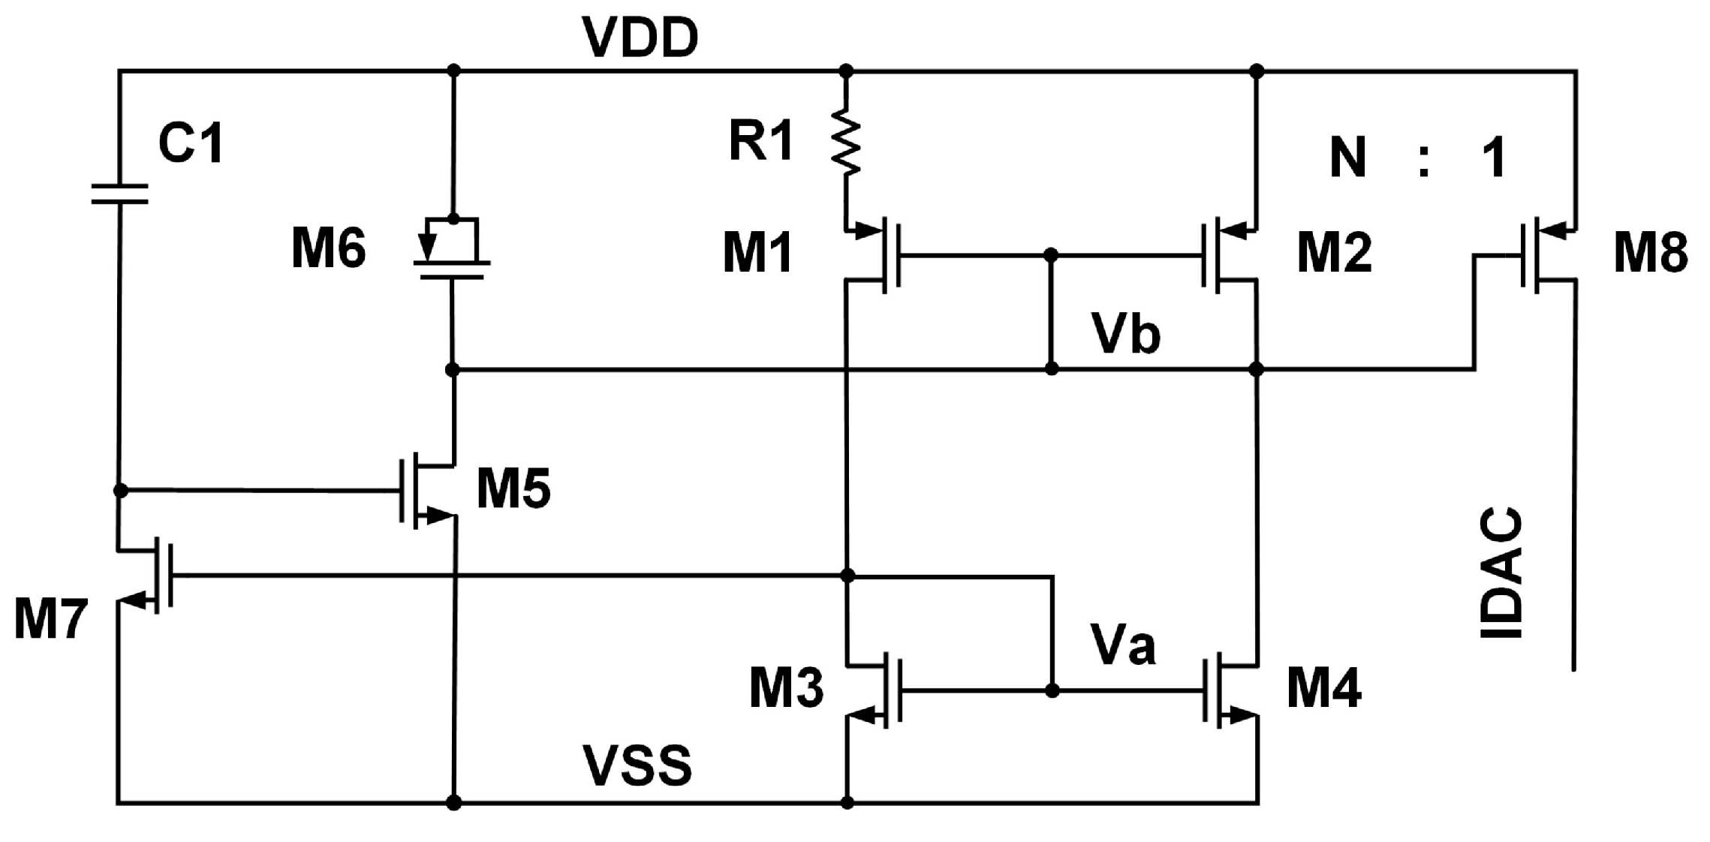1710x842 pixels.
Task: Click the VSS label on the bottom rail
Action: (637, 766)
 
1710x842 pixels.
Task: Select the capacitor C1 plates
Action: (119, 194)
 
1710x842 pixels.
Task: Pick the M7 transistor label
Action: (51, 620)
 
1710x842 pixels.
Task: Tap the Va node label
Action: (1123, 645)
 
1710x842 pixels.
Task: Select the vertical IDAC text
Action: (1501, 573)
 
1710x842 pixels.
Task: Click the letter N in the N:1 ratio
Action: (1347, 158)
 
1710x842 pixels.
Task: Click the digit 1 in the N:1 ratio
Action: (1494, 158)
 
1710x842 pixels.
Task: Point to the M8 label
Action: (1651, 253)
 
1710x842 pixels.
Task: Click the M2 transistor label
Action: (1334, 253)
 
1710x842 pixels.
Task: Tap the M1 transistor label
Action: (757, 253)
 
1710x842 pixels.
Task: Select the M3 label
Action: (786, 688)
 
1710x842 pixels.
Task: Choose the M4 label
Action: (1323, 688)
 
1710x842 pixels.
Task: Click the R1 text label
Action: (761, 140)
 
